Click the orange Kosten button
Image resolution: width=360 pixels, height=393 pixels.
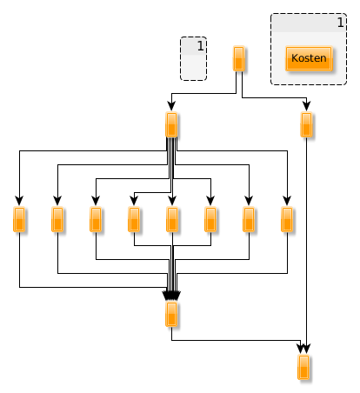pos(309,58)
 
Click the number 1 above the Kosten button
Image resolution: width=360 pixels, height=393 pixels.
pos(341,23)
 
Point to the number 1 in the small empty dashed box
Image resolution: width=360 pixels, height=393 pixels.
pos(201,46)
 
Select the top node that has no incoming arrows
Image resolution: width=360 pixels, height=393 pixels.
pos(238,58)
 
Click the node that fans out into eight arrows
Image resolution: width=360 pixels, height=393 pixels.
pos(171,124)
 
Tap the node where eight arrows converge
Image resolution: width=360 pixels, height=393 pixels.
pos(171,314)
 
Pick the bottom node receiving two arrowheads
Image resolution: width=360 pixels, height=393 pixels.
pos(303,367)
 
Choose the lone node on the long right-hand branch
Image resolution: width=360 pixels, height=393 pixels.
pos(306,124)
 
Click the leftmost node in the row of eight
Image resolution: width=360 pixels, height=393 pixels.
pos(19,219)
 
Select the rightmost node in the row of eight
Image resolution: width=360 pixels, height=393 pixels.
pos(287,219)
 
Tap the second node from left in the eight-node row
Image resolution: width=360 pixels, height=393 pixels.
pos(57,219)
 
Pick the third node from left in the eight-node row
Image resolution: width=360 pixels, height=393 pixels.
pos(96,219)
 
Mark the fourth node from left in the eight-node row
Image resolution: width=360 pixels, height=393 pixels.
pos(134,219)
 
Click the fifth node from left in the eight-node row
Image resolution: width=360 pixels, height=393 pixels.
pos(172,219)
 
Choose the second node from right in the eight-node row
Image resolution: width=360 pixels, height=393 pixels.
pos(249,219)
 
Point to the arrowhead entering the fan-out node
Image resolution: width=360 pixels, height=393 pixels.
pos(171,106)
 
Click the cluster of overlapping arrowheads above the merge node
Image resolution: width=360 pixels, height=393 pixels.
pos(171,296)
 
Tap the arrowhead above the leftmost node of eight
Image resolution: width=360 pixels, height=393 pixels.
pos(19,201)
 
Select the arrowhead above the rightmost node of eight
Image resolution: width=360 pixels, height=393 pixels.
pos(287,201)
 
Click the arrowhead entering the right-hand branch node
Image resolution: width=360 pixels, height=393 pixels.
pos(307,106)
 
